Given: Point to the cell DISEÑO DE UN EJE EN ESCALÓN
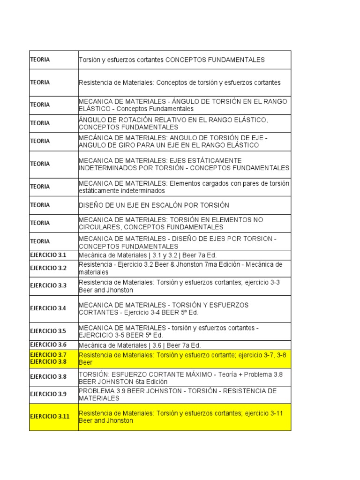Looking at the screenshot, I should click(x=154, y=205).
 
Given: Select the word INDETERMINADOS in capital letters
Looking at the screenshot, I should click(x=105, y=168).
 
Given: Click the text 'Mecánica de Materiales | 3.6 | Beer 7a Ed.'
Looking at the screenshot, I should click(x=140, y=345).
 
